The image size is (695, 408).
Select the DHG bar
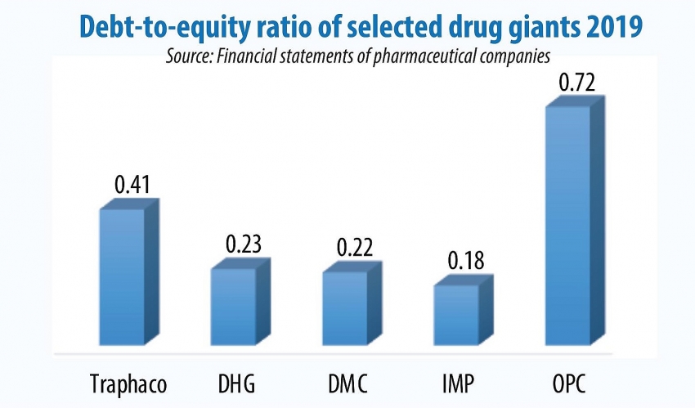(234, 306)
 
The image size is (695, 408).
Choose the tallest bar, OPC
(567, 225)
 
